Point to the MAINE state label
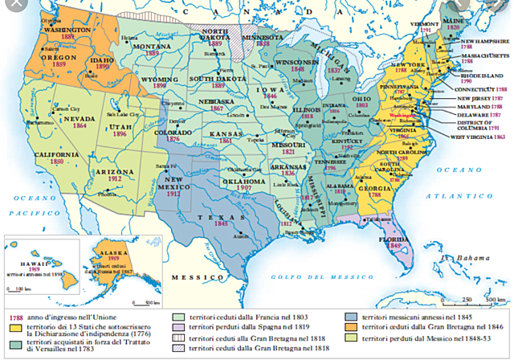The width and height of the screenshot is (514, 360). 455,18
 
